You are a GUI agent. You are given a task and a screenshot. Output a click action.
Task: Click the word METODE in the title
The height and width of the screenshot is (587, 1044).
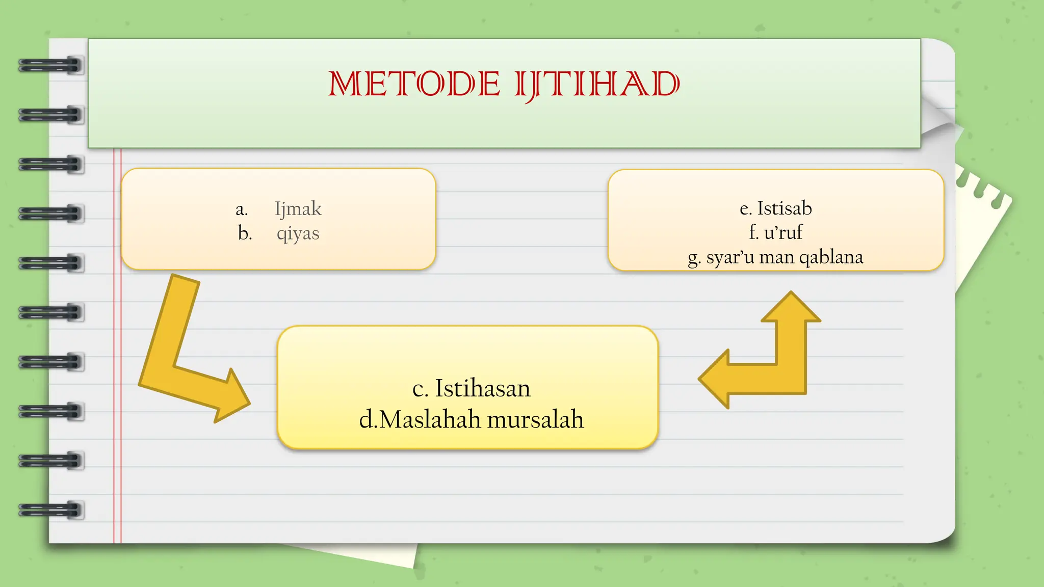pos(414,84)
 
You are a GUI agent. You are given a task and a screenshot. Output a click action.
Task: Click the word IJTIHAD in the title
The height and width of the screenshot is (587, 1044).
pos(597,85)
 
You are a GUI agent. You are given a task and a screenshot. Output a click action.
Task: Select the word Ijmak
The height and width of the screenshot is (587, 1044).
pos(298,209)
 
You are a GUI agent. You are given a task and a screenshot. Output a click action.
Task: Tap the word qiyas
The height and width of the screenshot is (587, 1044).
pos(298,233)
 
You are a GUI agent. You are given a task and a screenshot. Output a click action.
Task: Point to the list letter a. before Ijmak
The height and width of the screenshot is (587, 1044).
pos(242,209)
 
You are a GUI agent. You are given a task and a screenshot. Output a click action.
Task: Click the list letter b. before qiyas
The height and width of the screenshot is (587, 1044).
pos(245,233)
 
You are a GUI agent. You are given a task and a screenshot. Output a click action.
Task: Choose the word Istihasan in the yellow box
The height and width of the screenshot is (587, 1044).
pos(482,388)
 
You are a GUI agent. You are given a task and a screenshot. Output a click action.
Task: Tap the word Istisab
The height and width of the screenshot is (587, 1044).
pos(784,208)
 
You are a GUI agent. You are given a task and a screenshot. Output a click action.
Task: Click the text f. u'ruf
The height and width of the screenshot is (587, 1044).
pos(775,232)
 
